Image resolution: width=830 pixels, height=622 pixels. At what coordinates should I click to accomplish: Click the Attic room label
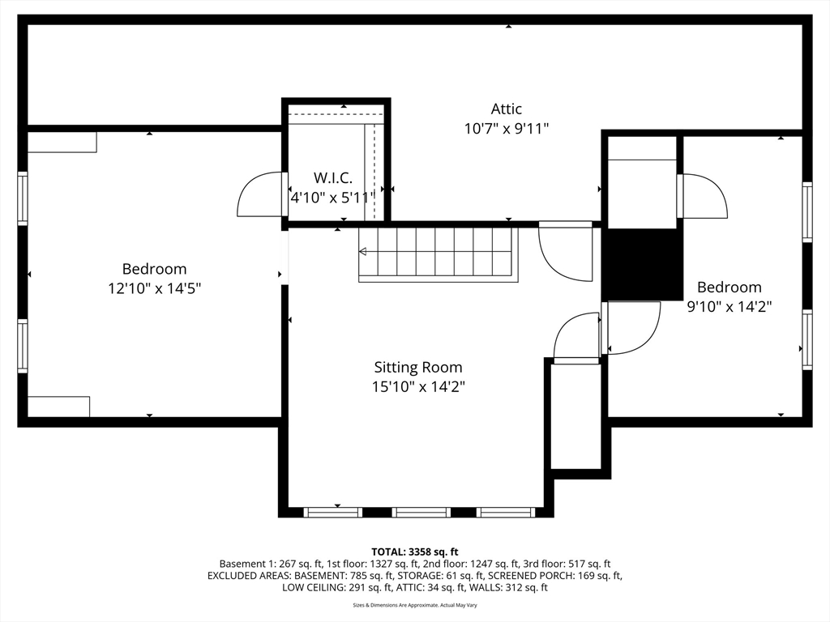[x=506, y=109]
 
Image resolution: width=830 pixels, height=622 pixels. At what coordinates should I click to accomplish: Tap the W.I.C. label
[x=332, y=178]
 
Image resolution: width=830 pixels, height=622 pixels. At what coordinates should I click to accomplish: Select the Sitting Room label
[x=417, y=367]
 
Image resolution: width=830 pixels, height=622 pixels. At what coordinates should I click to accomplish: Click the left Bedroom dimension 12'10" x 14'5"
[x=154, y=288]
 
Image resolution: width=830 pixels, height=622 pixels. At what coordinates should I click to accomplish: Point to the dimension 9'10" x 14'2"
[x=729, y=306]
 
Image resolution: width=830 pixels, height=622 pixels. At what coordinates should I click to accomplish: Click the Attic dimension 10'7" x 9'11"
[x=506, y=128]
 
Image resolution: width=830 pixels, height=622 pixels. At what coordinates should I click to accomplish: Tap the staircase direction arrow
[x=363, y=252]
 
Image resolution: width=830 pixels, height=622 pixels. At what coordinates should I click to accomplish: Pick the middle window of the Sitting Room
[x=421, y=512]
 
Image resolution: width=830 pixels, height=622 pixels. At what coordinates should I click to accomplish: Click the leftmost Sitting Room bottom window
[x=332, y=512]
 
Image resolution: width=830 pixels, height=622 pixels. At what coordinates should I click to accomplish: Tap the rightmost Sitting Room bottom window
[x=506, y=512]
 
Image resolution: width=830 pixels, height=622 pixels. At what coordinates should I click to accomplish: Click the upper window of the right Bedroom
[x=807, y=211]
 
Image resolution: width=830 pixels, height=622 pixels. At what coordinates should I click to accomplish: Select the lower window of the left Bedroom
[x=23, y=346]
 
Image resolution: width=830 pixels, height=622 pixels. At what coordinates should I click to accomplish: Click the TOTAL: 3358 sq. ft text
[x=415, y=552]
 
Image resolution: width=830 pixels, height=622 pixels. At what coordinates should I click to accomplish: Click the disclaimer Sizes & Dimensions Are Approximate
[x=415, y=605]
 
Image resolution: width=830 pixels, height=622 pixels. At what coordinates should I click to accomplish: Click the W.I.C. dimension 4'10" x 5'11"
[x=332, y=197]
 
